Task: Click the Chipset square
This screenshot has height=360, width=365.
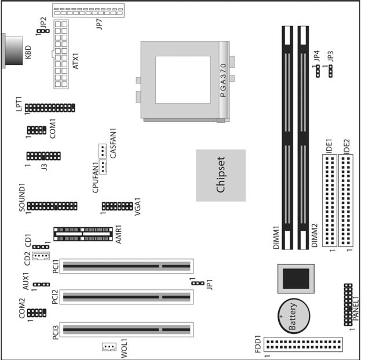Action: pyautogui.click(x=220, y=175)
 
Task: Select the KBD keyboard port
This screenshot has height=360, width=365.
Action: pyautogui.click(x=13, y=53)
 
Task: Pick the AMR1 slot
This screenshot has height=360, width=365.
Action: pyautogui.click(x=83, y=234)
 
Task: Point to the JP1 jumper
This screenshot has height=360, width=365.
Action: pyautogui.click(x=198, y=283)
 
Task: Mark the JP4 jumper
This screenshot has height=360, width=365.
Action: pyautogui.click(x=317, y=71)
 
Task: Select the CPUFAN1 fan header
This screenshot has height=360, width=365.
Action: pyautogui.click(x=103, y=168)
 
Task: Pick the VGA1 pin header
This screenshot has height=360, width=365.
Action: pyautogui.click(x=117, y=206)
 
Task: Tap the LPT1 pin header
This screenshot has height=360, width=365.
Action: pyautogui.click(x=50, y=108)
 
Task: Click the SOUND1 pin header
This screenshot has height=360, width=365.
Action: pyautogui.click(x=52, y=206)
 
